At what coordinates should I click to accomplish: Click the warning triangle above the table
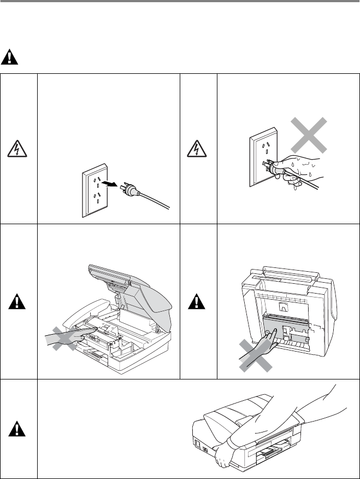(9, 56)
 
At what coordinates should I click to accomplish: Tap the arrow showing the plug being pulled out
(112, 185)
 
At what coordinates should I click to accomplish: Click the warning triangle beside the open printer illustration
(19, 301)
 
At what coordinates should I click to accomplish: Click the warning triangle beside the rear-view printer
(199, 301)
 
